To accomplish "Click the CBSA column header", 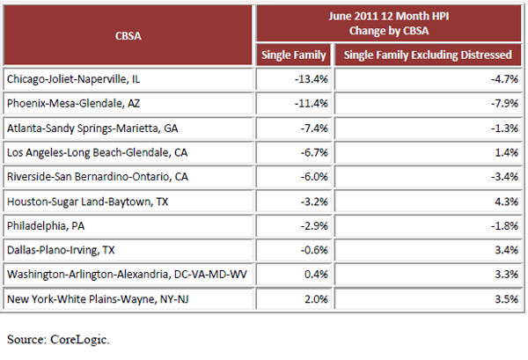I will click(131, 38).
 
